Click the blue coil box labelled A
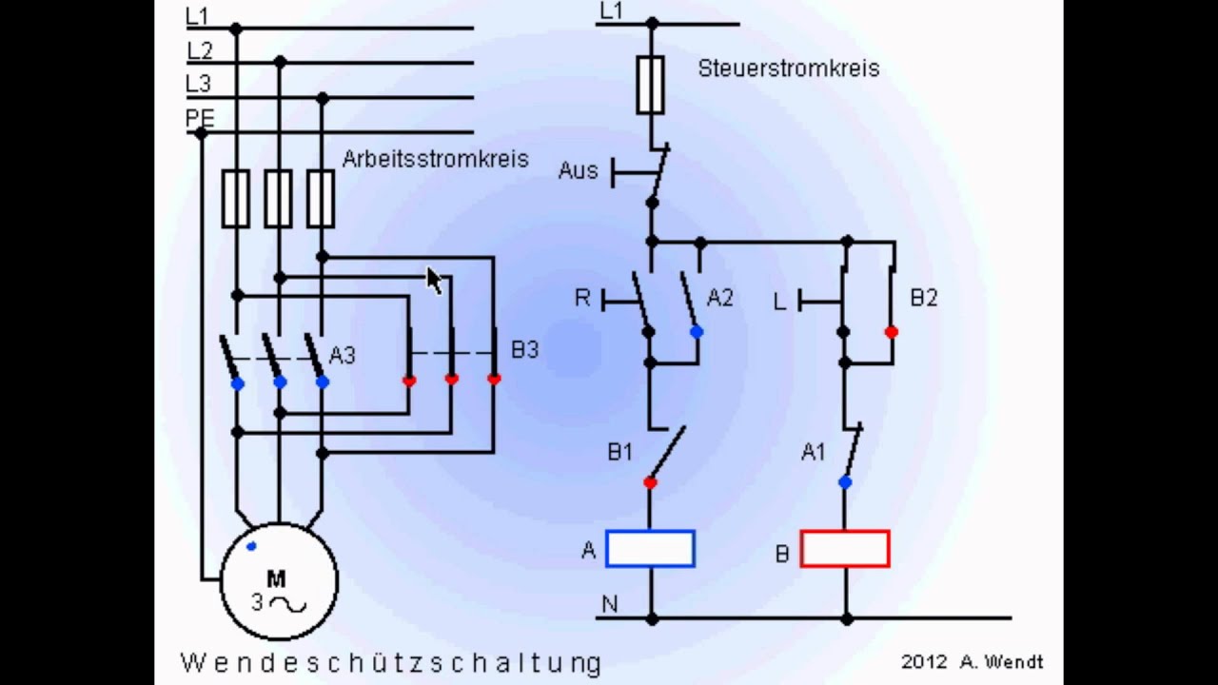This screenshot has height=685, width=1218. tap(650, 549)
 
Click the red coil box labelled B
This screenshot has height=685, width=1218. tap(845, 549)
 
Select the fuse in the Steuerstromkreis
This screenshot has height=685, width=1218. tap(650, 85)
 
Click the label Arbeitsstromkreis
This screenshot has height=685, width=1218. tap(436, 159)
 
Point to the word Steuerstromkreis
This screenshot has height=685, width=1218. tap(789, 68)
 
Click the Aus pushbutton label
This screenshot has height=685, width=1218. tap(578, 170)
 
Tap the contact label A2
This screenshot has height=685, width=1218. tap(720, 298)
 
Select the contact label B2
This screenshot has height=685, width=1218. tap(924, 298)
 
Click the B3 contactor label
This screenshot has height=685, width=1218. tap(524, 349)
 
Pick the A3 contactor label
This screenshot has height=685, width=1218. tap(343, 355)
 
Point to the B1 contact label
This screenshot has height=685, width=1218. tap(619, 452)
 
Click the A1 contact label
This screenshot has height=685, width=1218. tap(814, 452)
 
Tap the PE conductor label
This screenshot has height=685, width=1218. tap(200, 118)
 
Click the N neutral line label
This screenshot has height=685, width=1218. tap(610, 604)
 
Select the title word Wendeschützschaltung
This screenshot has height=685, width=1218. tap(391, 663)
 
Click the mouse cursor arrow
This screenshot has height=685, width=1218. tap(434, 281)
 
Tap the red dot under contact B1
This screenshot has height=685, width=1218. tap(650, 482)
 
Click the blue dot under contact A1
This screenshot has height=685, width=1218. tap(845, 482)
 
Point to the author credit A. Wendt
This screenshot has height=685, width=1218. tap(1002, 661)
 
